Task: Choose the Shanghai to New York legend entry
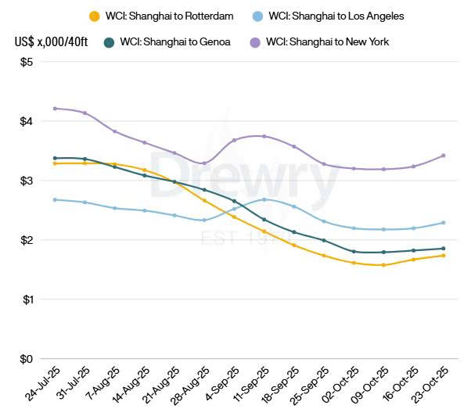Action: click(x=327, y=41)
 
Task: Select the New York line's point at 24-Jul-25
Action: click(x=55, y=109)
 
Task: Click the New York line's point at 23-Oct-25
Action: click(x=444, y=156)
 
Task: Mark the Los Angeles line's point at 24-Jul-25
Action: click(x=55, y=199)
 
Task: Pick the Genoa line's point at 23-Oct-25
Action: click(x=444, y=249)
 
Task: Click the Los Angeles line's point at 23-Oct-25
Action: click(x=444, y=223)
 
